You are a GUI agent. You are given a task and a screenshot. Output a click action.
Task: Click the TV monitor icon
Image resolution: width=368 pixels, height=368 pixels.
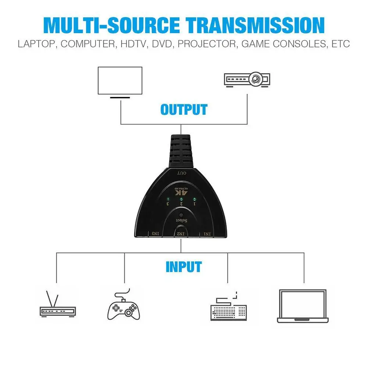(x=119, y=82)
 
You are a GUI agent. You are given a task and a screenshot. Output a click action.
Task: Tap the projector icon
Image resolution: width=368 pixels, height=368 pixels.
(x=247, y=79)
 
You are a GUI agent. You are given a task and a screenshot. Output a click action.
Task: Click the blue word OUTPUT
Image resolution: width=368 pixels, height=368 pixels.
(x=184, y=110)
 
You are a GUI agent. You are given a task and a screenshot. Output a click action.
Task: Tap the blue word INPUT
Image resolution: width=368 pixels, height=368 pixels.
(x=184, y=267)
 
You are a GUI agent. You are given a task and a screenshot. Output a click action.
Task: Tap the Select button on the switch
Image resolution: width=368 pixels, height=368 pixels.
(x=181, y=215)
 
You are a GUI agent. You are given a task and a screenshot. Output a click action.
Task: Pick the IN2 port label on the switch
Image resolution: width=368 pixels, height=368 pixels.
(x=181, y=233)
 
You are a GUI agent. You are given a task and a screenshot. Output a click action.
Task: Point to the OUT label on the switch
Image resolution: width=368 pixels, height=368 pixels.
(x=182, y=173)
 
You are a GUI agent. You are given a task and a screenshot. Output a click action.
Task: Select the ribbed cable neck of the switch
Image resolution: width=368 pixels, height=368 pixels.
(x=182, y=151)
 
